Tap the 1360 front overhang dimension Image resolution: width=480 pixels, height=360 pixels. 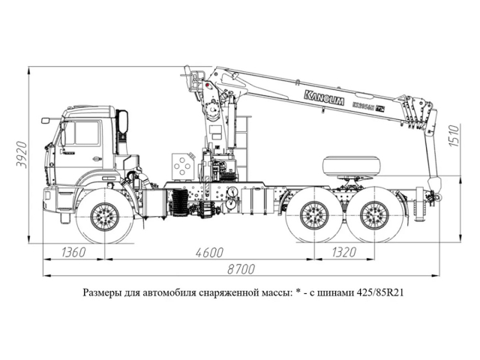tap(73, 251)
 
